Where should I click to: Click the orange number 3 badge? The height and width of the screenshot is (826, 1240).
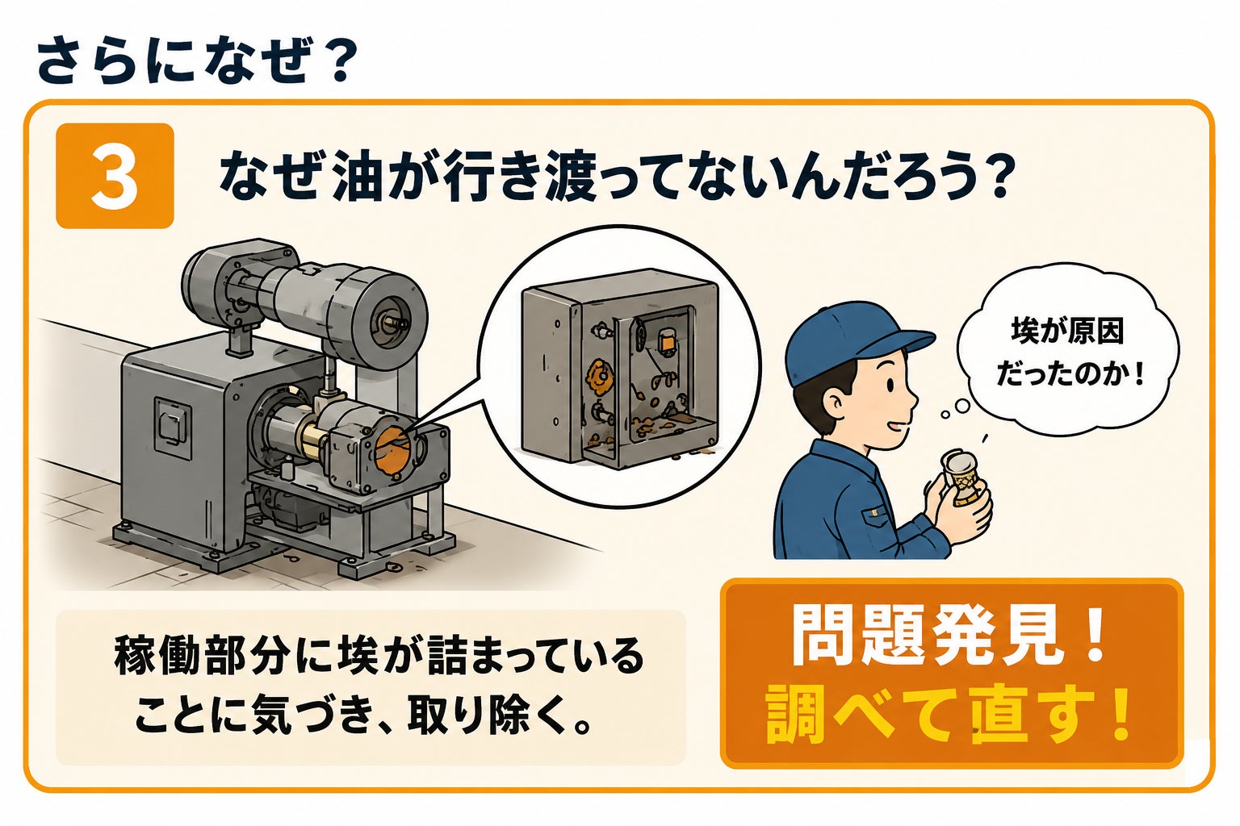tap(115, 175)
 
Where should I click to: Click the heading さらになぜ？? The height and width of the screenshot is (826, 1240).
tap(195, 60)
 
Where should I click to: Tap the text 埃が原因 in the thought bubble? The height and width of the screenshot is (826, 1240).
tap(1067, 332)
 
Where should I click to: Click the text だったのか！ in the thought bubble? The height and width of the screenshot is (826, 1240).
tap(1070, 374)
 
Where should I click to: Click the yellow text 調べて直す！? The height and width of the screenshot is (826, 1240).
tap(949, 714)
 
